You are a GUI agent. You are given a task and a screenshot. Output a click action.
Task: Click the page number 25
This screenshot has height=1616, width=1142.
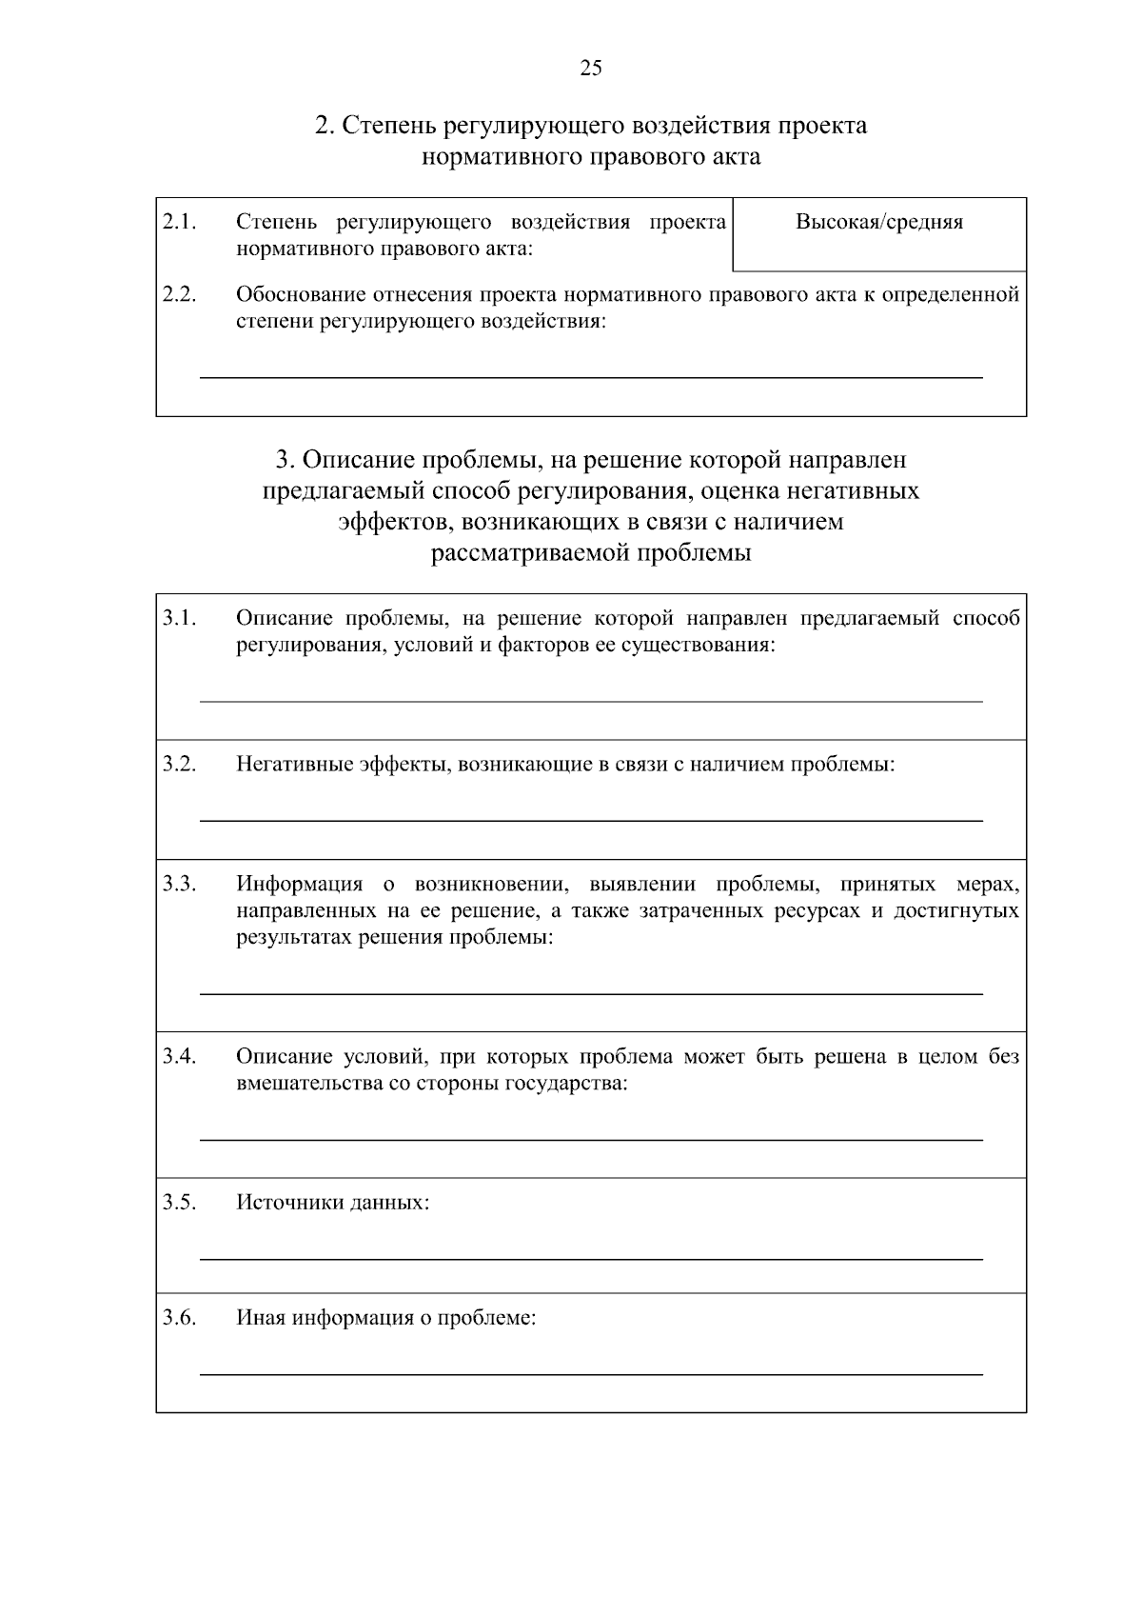pyautogui.click(x=590, y=68)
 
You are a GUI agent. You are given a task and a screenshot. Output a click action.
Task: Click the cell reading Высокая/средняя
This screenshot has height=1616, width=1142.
pyautogui.click(x=878, y=223)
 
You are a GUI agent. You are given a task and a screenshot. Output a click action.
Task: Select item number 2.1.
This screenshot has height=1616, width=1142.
pyautogui.click(x=179, y=223)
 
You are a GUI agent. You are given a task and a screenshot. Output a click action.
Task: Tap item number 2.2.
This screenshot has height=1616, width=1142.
pyautogui.click(x=179, y=294)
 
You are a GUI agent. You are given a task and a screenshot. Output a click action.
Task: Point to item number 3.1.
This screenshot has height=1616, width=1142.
pyautogui.click(x=179, y=619)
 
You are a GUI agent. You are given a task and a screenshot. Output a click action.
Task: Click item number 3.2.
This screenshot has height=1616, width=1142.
pyautogui.click(x=179, y=764)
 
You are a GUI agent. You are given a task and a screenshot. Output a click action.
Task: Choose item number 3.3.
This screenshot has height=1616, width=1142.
pyautogui.click(x=179, y=884)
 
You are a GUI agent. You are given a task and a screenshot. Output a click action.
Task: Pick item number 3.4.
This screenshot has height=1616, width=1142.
pyautogui.click(x=179, y=1056)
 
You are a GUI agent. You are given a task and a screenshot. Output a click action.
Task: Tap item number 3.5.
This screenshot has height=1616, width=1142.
pyautogui.click(x=179, y=1202)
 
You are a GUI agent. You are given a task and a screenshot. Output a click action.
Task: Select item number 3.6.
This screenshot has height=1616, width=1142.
pyautogui.click(x=179, y=1318)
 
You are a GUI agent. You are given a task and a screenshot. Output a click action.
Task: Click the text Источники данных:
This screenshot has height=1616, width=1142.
pyautogui.click(x=332, y=1203)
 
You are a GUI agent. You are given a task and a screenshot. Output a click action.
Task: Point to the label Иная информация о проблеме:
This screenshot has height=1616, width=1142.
pyautogui.click(x=385, y=1319)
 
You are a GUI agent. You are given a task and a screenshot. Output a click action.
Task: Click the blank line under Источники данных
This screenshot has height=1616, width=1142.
pyautogui.click(x=590, y=1259)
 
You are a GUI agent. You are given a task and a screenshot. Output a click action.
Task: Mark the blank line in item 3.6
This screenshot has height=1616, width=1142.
pyautogui.click(x=590, y=1374)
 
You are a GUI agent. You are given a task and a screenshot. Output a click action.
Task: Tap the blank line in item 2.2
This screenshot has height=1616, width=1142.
pyautogui.click(x=590, y=378)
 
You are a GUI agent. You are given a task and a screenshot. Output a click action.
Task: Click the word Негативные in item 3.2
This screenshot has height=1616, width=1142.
pyautogui.click(x=294, y=764)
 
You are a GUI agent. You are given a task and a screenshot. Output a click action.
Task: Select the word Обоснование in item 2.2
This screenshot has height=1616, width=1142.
pyautogui.click(x=298, y=294)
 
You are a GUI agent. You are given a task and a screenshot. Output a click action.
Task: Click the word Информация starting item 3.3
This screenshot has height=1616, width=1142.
pyautogui.click(x=299, y=884)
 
